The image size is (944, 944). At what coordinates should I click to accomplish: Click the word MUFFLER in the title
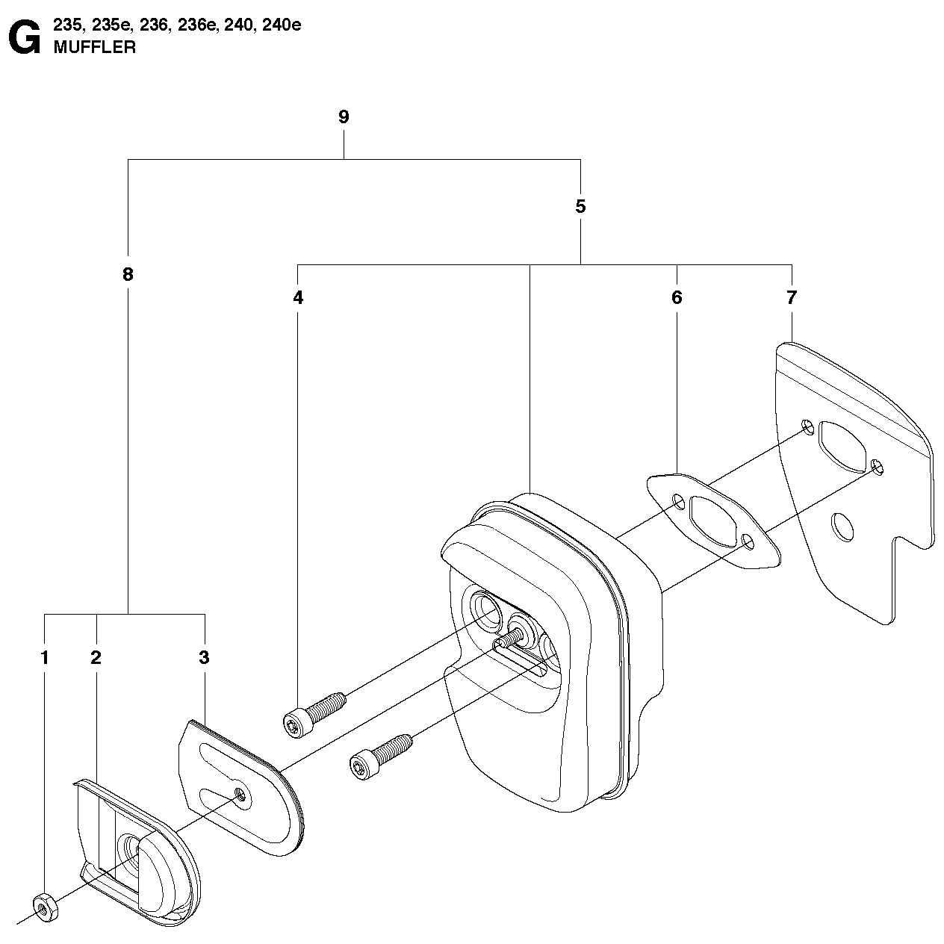click(94, 48)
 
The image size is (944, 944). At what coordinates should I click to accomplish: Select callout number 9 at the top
click(344, 117)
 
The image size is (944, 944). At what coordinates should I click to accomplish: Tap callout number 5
click(580, 207)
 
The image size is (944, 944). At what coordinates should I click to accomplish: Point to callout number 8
click(128, 274)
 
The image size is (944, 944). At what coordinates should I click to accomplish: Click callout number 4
click(298, 298)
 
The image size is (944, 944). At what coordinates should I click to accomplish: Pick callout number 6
click(677, 298)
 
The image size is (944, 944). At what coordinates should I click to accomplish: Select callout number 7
click(792, 298)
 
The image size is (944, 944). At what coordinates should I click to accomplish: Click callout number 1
click(45, 658)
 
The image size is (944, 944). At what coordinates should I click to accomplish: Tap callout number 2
click(96, 658)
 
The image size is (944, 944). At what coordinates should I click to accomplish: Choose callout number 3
click(204, 658)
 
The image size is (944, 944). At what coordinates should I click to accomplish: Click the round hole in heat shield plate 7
click(841, 527)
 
